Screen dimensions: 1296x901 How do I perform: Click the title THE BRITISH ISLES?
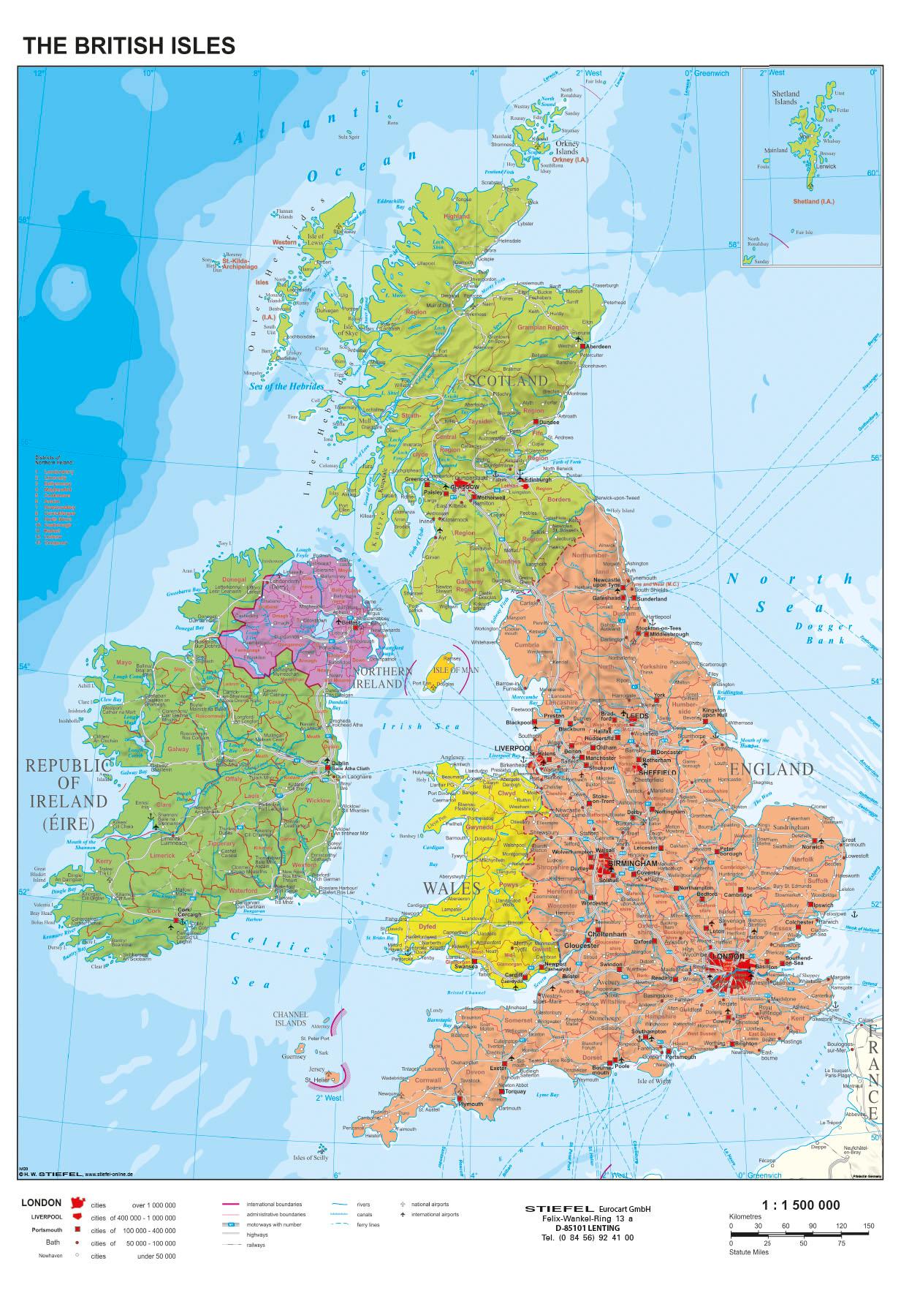(129, 45)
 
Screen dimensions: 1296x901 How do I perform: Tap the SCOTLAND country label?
(507, 380)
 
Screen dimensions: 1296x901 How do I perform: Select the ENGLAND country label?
(771, 769)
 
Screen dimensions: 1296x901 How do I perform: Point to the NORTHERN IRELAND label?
(379, 677)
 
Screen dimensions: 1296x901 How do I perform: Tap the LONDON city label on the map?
(728, 956)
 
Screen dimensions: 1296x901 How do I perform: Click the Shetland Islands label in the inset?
(786, 97)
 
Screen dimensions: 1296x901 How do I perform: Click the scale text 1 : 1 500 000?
(800, 1205)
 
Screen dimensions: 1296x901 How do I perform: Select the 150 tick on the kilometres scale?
(868, 1225)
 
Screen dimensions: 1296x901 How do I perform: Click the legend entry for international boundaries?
(273, 1204)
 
